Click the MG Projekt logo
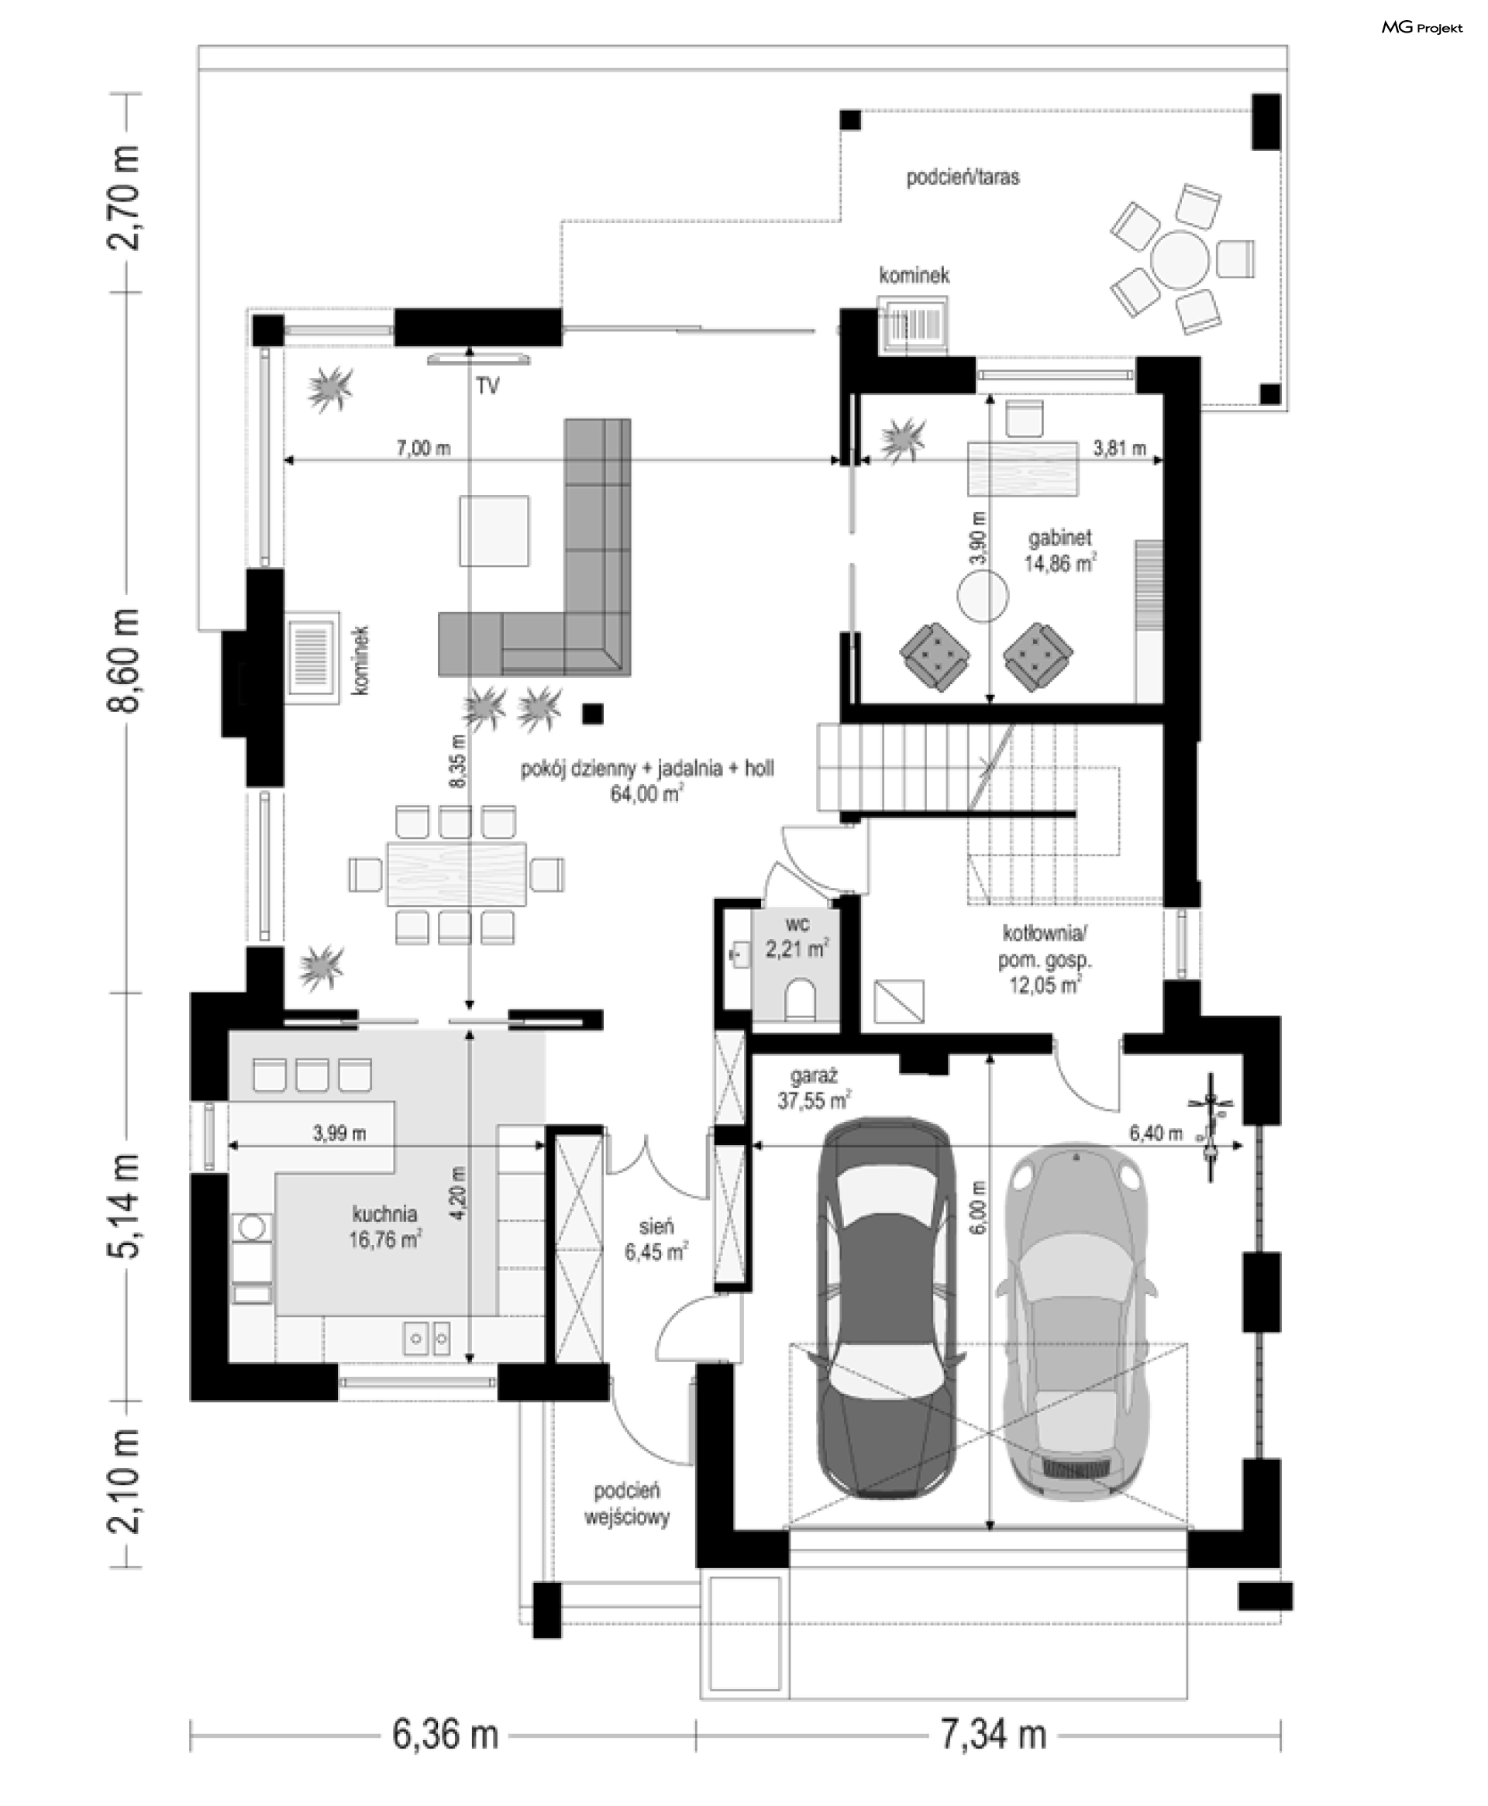pyautogui.click(x=1421, y=28)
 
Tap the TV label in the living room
pyautogui.click(x=487, y=387)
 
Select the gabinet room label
pyautogui.click(x=1060, y=538)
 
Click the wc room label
pyautogui.click(x=797, y=924)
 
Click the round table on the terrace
pyautogui.click(x=1180, y=260)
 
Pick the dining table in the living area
pyautogui.click(x=456, y=874)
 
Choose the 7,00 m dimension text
pyautogui.click(x=423, y=448)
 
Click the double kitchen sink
pyautogui.click(x=427, y=1337)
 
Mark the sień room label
pyautogui.click(x=656, y=1226)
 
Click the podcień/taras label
pyautogui.click(x=963, y=177)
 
